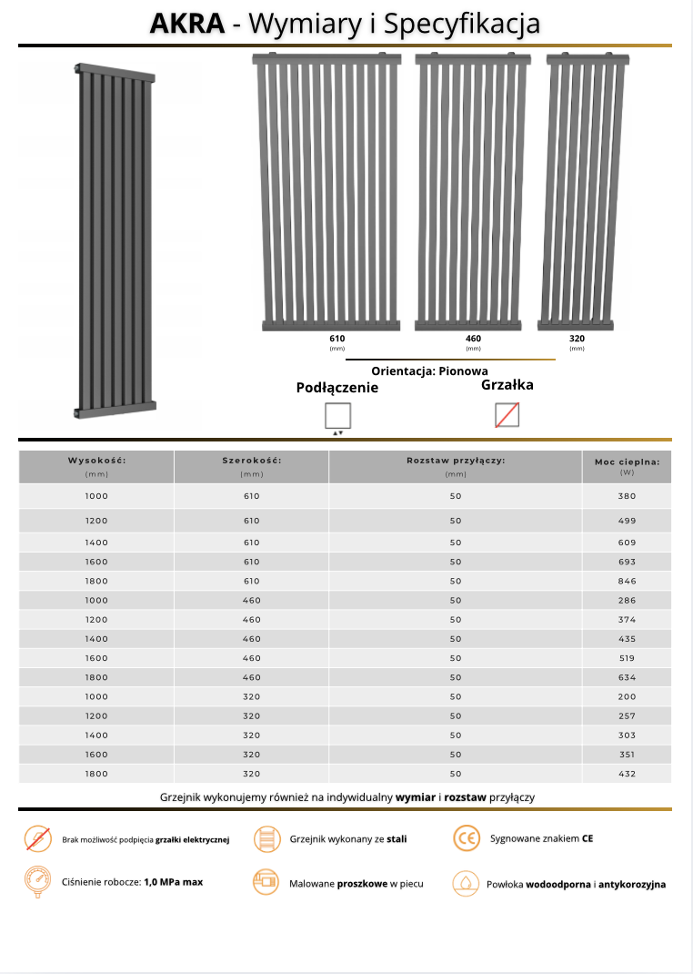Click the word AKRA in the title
187,24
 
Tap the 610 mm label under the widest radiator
337,339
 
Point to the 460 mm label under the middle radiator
473,339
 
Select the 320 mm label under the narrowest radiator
577,339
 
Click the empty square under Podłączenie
337,416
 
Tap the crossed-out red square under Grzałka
507,415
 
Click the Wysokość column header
96,461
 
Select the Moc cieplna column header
627,462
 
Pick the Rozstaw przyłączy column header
456,461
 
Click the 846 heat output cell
627,581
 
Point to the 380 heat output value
627,496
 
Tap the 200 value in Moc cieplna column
627,696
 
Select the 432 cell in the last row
627,774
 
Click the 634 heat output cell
627,677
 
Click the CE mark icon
466,838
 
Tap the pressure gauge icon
37,882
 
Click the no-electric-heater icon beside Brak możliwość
37,838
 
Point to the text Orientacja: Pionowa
429,371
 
